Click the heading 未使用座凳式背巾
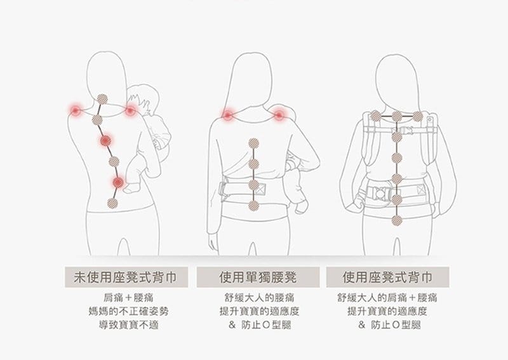tap(126, 277)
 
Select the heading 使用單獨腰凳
tap(258, 277)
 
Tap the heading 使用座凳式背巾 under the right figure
tap(387, 277)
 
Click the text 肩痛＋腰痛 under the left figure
tap(128, 298)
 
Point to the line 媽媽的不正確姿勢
tap(129, 311)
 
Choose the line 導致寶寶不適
tap(129, 324)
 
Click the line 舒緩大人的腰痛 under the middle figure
tap(259, 298)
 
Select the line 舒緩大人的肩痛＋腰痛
tap(387, 298)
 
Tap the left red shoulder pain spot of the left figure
tap(76, 111)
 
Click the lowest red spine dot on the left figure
tap(118, 182)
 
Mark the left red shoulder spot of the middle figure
tap(227, 115)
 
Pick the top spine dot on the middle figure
tap(253, 143)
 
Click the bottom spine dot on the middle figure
tap(253, 206)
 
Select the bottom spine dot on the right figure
tap(396, 221)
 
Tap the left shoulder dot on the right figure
tap(375, 116)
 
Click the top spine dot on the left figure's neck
tap(102, 100)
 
